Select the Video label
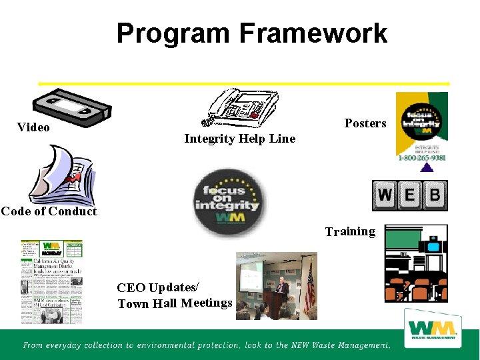pyautogui.click(x=33, y=127)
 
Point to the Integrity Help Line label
pyautogui.click(x=239, y=139)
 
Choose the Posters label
pyautogui.click(x=365, y=123)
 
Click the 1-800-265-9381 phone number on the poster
pyautogui.click(x=422, y=158)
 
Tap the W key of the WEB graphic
pyautogui.click(x=385, y=195)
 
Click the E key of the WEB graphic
pyautogui.click(x=409, y=195)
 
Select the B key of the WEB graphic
pyautogui.click(x=434, y=195)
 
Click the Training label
pyautogui.click(x=350, y=232)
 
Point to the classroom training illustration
pyautogui.click(x=416, y=263)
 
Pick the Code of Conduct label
pyautogui.click(x=49, y=211)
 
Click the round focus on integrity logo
pyautogui.click(x=229, y=202)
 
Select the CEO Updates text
pyautogui.click(x=157, y=288)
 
